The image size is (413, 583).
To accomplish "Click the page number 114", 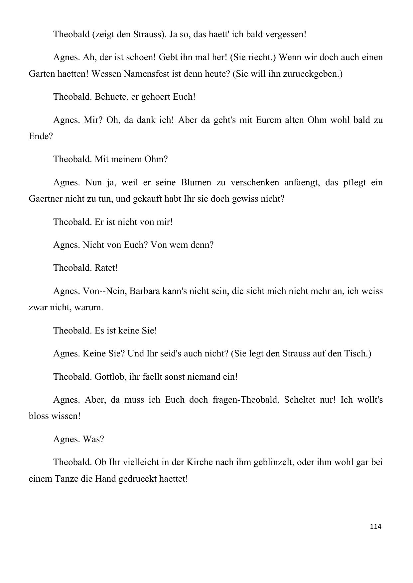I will [x=375, y=527].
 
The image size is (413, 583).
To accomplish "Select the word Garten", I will [x=42, y=74].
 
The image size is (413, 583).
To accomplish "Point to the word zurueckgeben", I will [x=313, y=74].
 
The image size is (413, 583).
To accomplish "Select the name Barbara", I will [x=144, y=291].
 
